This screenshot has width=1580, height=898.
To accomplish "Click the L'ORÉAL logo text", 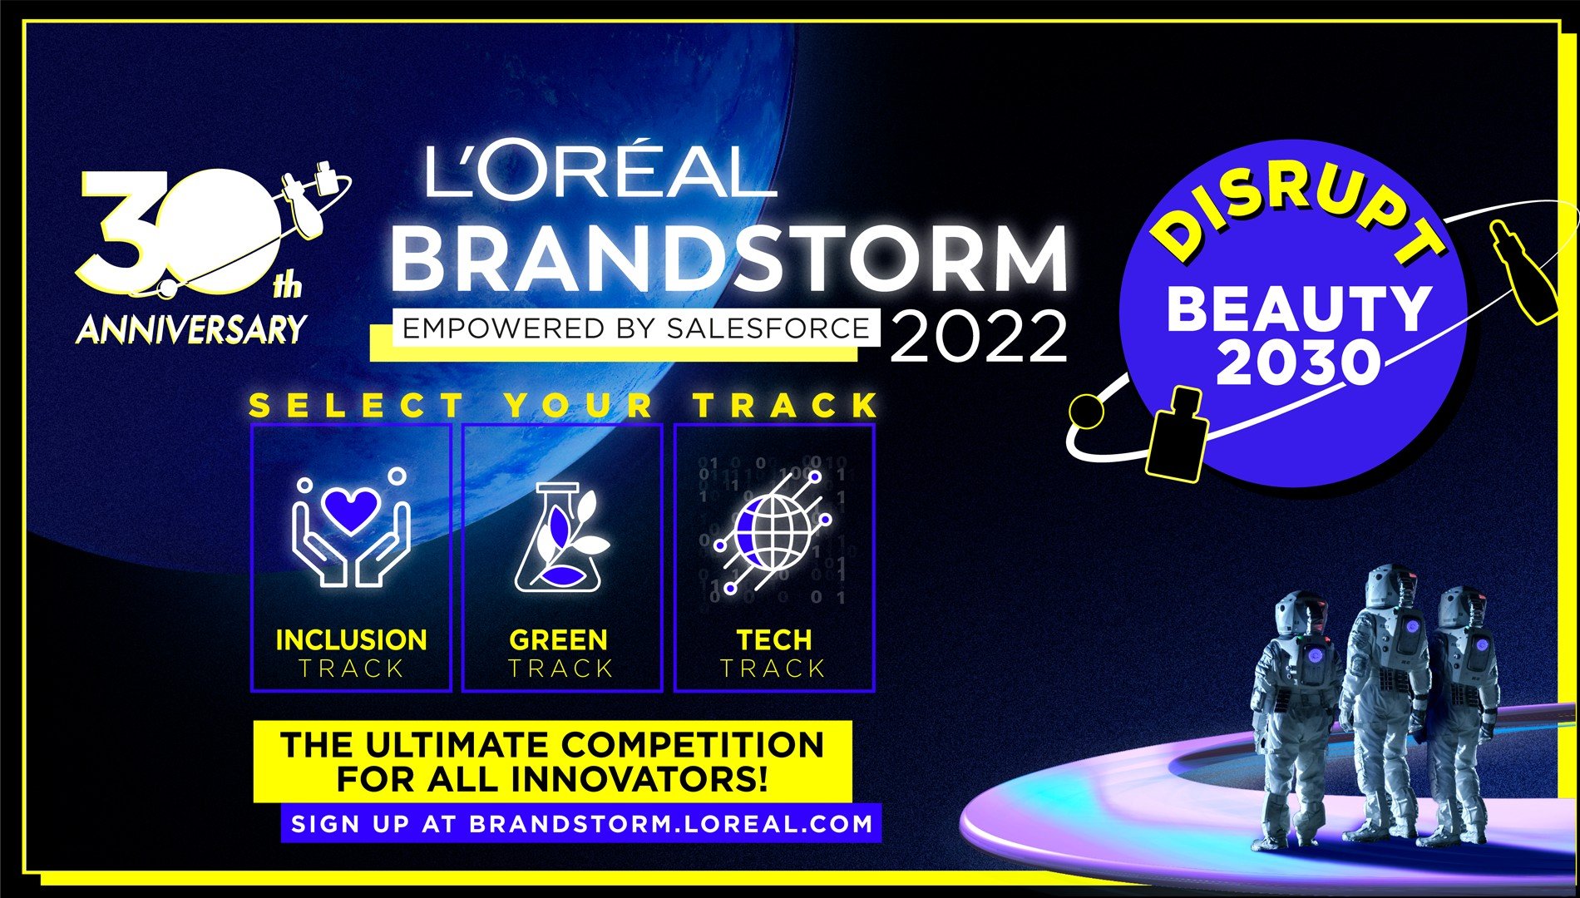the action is [600, 170].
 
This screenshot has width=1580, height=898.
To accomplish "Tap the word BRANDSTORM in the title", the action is [729, 258].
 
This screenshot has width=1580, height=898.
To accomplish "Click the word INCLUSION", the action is [351, 639].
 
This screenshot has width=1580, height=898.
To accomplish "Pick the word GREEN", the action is [558, 639].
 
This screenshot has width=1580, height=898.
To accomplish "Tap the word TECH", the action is [773, 639].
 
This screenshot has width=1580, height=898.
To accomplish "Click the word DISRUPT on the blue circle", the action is [1297, 212].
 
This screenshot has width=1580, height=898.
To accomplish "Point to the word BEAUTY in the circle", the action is [1299, 308].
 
